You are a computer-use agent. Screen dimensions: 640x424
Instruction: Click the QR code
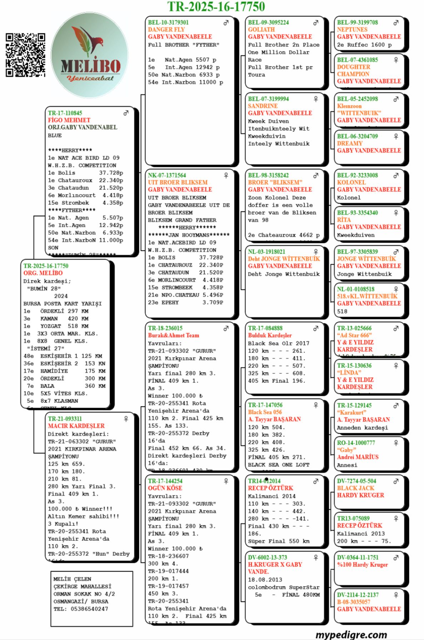(x=25, y=55)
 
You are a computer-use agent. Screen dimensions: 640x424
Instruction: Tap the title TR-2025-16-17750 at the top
(x=216, y=6)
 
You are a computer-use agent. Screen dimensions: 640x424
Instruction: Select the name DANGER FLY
(x=166, y=30)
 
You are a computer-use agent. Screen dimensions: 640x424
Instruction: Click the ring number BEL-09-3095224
(x=268, y=22)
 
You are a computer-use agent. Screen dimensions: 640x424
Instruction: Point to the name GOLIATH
(x=261, y=30)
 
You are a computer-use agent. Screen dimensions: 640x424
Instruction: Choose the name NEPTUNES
(x=352, y=30)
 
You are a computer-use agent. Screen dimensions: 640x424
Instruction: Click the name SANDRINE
(x=263, y=106)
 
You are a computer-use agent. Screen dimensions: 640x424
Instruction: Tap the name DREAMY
(x=350, y=143)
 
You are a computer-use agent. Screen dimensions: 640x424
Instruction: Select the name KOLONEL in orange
(x=351, y=182)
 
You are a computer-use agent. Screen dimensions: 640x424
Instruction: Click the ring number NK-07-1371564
(x=167, y=175)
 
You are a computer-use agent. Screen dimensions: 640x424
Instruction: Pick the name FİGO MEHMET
(x=69, y=120)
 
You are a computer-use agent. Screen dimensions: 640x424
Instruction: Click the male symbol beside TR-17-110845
(x=126, y=113)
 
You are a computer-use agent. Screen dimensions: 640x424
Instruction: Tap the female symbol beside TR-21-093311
(x=126, y=419)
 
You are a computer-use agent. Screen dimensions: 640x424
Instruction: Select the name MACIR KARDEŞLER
(x=76, y=426)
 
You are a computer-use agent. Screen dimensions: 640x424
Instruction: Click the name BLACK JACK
(x=355, y=488)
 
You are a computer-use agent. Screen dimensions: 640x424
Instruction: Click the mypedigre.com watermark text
(x=351, y=634)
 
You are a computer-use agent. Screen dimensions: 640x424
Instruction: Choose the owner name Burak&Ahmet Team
(x=174, y=335)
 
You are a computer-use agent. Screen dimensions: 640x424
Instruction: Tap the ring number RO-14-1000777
(x=356, y=443)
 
